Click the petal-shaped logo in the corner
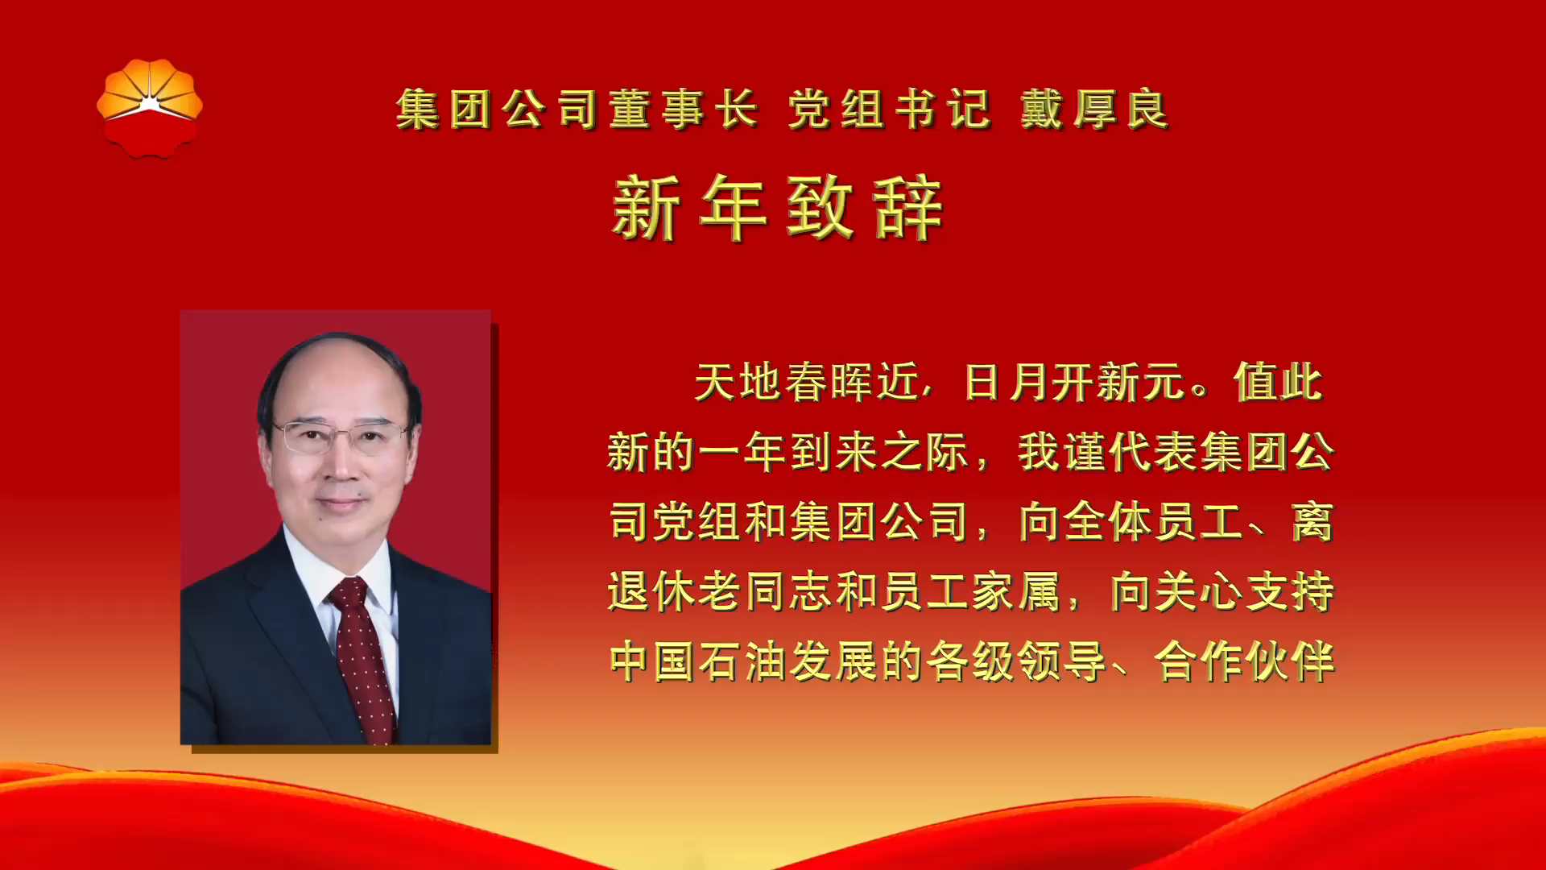tap(150, 108)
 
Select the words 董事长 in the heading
tap(683, 110)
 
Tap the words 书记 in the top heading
tap(942, 110)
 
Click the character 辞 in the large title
tap(908, 209)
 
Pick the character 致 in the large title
tap(820, 209)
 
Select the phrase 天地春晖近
tap(806, 382)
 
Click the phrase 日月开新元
tap(1075, 382)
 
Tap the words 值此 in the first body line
tap(1278, 382)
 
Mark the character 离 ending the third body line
tap(1312, 522)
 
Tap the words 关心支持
tap(1244, 592)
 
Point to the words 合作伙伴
tap(1244, 662)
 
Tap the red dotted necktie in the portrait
tap(362, 652)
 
